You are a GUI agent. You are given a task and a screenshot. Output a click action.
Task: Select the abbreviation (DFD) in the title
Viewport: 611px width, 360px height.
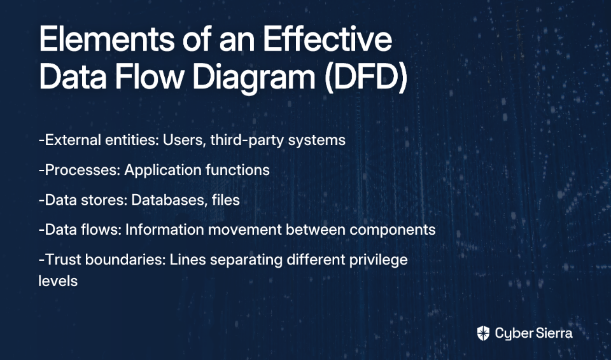365,77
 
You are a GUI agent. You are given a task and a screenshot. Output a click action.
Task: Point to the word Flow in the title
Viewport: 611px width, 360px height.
148,77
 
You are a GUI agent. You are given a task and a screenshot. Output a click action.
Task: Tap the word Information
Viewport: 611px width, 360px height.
164,230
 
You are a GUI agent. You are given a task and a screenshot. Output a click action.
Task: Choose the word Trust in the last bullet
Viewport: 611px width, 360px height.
63,260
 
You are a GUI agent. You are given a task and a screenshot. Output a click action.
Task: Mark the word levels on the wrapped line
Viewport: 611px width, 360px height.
58,280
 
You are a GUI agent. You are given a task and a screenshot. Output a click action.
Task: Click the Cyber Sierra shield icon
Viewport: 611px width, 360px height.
483,333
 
